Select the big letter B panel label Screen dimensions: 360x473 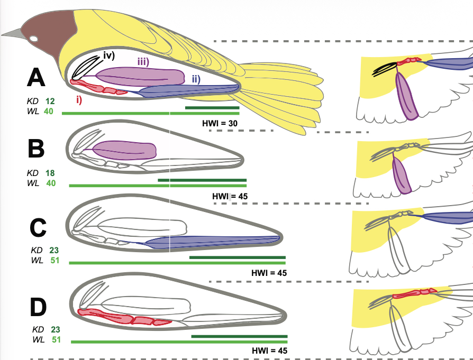pos(36,149)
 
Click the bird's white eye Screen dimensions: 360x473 pos(34,39)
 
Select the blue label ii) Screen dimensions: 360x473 pos(196,79)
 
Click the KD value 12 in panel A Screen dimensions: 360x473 pos(50,101)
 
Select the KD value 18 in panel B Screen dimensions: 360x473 pos(50,173)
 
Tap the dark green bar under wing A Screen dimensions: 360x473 pos(212,107)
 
